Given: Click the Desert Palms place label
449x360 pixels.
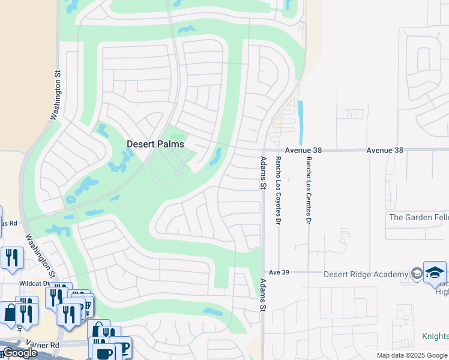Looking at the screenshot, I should click(x=155, y=145).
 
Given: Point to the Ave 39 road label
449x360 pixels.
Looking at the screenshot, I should click(x=279, y=272).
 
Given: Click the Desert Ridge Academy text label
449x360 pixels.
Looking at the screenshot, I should click(x=366, y=274).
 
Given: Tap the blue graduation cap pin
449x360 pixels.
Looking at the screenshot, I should click(x=434, y=272).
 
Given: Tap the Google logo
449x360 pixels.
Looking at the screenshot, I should click(x=19, y=353).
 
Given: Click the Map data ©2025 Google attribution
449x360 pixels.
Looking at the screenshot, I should click(x=412, y=355).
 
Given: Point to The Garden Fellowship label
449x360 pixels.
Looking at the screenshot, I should click(x=418, y=217).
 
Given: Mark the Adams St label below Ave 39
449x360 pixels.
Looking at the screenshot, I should click(x=262, y=294).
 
